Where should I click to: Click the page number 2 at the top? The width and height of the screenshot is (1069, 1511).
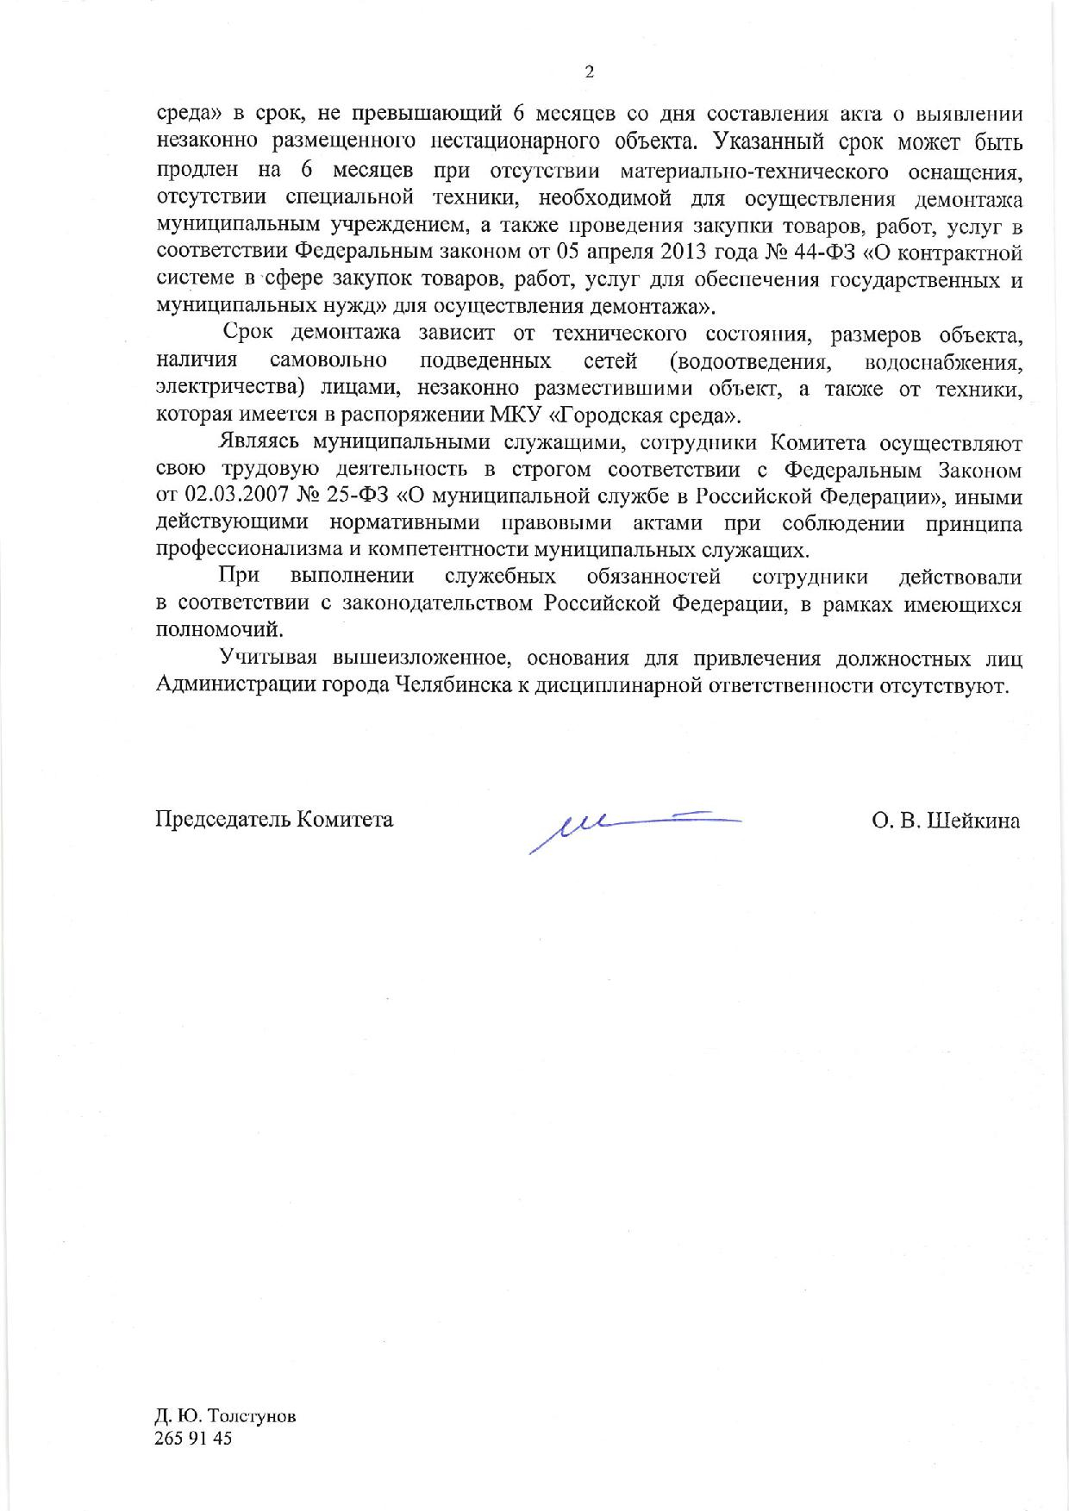click(x=589, y=72)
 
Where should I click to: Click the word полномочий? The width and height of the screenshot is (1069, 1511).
click(x=218, y=630)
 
